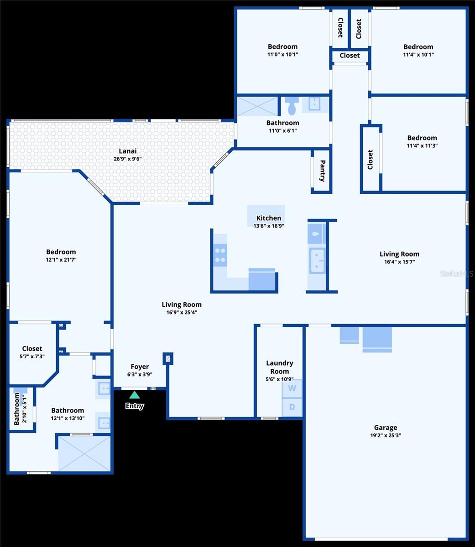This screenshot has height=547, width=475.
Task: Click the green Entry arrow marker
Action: (x=134, y=395)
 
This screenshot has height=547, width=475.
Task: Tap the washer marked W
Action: (x=292, y=388)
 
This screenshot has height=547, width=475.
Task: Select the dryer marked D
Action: (x=292, y=407)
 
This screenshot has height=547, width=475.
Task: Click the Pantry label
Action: (x=323, y=171)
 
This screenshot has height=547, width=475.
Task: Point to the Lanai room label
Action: (x=128, y=151)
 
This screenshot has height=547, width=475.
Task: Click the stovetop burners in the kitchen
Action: (x=220, y=255)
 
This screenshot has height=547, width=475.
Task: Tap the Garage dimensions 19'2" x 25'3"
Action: (x=386, y=435)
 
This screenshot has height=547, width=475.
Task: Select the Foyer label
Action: (x=140, y=366)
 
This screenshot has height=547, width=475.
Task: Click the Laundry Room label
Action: (x=280, y=367)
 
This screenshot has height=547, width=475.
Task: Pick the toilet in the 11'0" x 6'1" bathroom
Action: (x=292, y=106)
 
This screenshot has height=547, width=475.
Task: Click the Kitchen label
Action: (x=269, y=218)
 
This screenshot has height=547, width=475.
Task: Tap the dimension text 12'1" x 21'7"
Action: (x=61, y=259)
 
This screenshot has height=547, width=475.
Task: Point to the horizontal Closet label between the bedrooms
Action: (x=350, y=55)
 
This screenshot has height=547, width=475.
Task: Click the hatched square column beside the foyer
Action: (x=168, y=359)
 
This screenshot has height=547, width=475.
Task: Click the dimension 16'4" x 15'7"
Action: (x=400, y=262)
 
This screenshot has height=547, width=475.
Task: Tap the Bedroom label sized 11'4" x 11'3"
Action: (x=422, y=138)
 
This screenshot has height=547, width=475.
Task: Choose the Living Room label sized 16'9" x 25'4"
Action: (x=182, y=304)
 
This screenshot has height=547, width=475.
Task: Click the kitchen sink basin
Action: (x=317, y=261)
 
